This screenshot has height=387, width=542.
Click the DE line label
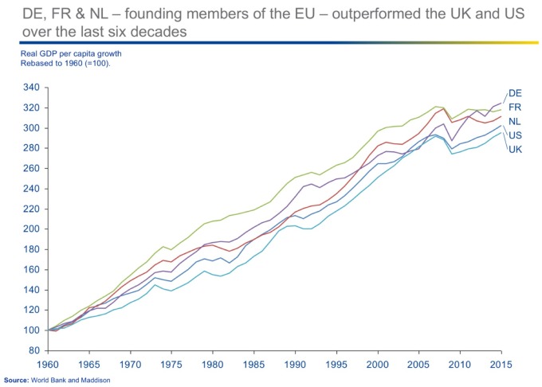[x=515, y=93]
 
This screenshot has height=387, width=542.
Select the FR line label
[x=515, y=107]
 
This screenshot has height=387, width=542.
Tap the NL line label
[x=515, y=121]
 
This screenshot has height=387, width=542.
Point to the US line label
[x=515, y=135]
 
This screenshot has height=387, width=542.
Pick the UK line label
[x=515, y=149]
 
